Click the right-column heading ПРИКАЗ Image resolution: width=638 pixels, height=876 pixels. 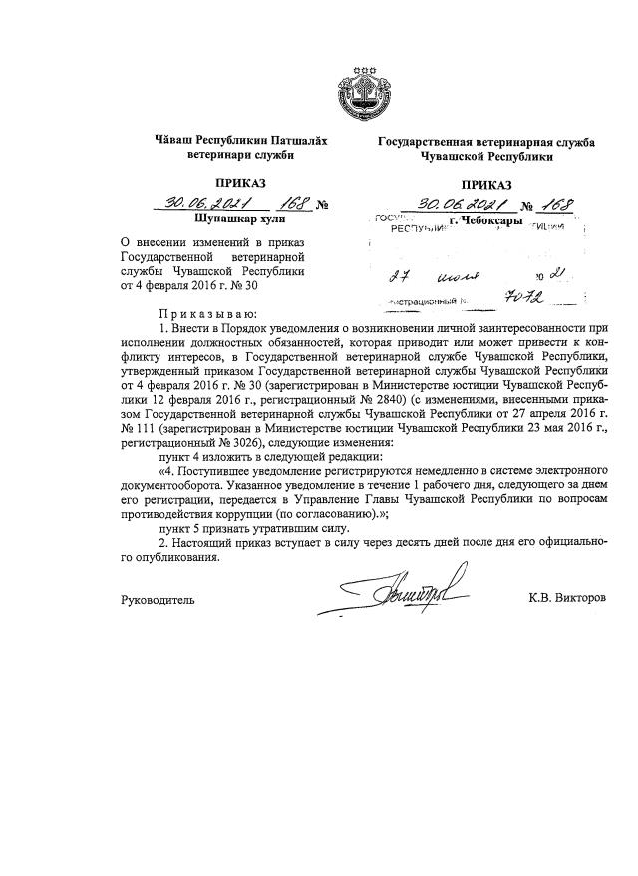click(x=486, y=184)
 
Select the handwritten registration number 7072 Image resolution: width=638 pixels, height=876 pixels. click(x=528, y=296)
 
